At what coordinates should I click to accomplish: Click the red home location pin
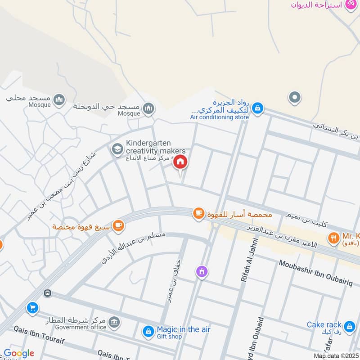coord(180,162)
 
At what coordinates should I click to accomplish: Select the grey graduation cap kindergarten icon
coord(117,149)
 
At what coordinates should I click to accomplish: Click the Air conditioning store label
coord(219,117)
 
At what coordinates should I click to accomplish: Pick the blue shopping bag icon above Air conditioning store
coord(257,108)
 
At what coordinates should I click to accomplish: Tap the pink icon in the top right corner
coord(350,4)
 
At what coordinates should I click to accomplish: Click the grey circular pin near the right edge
coord(295,97)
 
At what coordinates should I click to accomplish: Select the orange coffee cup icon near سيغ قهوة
coord(118,225)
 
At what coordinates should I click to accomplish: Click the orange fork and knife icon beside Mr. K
coord(333,238)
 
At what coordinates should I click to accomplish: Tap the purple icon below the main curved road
coord(202,271)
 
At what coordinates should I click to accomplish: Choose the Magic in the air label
coord(183,330)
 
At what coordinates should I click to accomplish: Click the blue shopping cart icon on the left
coord(32,308)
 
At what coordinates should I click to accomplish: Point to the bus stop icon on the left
coord(47,293)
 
